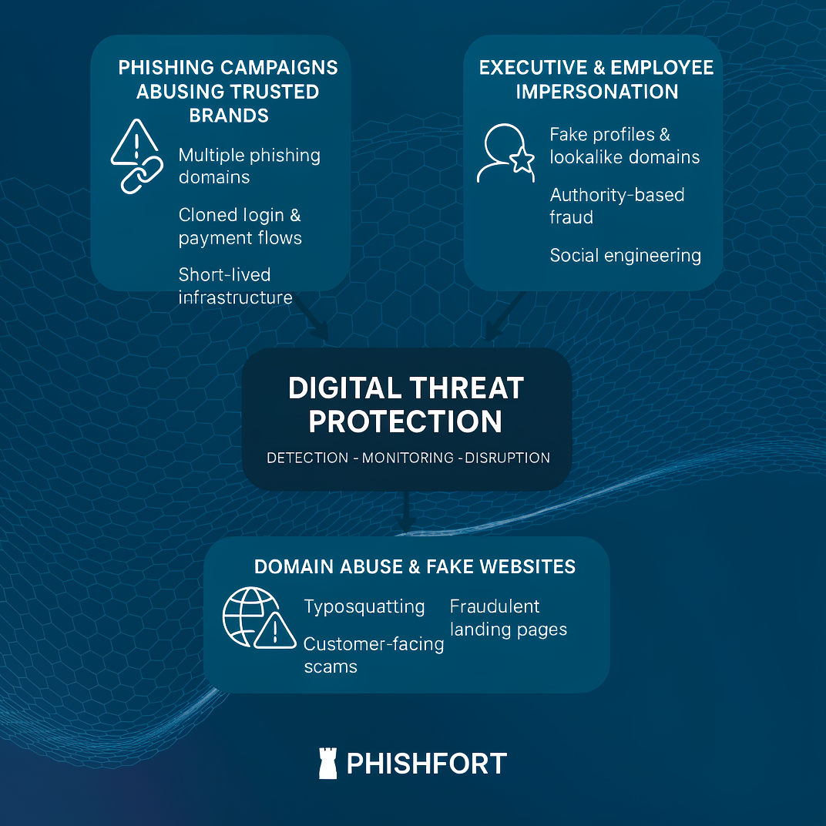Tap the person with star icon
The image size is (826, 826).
click(x=505, y=153)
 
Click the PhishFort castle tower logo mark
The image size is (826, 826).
click(x=328, y=763)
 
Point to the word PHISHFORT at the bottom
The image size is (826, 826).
click(x=427, y=764)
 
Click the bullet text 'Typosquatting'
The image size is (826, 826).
click(x=364, y=606)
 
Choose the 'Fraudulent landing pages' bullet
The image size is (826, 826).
click(x=508, y=617)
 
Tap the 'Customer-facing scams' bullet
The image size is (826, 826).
click(x=373, y=655)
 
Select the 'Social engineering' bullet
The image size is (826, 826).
click(x=625, y=255)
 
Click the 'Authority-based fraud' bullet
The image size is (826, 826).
click(x=616, y=206)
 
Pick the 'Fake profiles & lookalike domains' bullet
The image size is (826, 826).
click(x=624, y=146)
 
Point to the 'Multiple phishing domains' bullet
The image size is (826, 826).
click(x=249, y=166)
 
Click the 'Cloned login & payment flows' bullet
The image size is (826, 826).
click(x=240, y=227)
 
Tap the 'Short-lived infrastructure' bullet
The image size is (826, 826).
click(x=235, y=286)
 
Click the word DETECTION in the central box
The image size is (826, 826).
click(x=307, y=458)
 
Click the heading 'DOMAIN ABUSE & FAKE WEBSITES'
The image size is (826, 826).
click(x=415, y=567)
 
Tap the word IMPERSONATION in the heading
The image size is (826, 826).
click(x=596, y=92)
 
